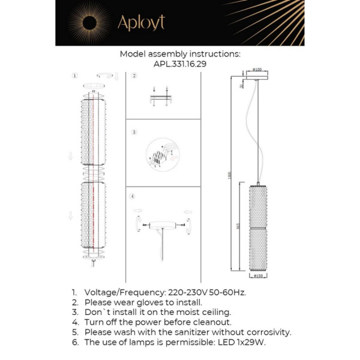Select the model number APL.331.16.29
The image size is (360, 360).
[x=179, y=62]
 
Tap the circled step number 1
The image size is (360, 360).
[x=74, y=76]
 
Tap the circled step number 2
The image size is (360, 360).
[x=134, y=76]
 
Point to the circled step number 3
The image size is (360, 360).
[x=134, y=132]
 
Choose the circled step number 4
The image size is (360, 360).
[x=133, y=196]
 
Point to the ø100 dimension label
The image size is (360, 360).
[x=257, y=70]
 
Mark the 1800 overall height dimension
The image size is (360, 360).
[x=229, y=174]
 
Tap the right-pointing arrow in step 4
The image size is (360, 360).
[x=138, y=211]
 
